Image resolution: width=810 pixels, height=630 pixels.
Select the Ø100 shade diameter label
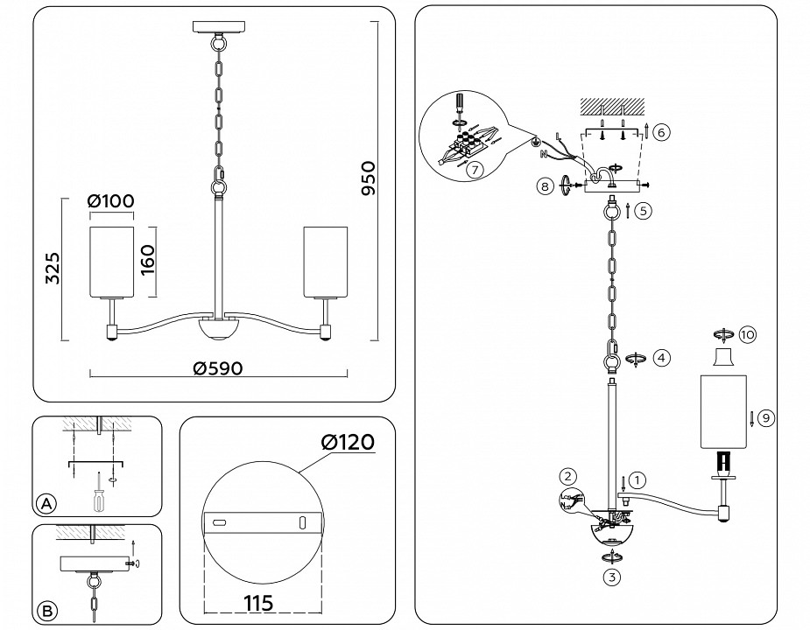point(111,200)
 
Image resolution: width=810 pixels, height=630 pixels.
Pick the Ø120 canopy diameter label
point(348,443)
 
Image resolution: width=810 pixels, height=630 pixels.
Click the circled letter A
point(46,503)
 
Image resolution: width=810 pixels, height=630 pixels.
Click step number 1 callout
point(638,479)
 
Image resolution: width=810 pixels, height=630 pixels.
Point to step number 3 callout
point(610,577)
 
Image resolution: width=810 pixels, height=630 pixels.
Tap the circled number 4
point(662,357)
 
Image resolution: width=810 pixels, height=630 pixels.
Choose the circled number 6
point(662,132)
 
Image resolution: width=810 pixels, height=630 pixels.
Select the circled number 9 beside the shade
point(765,417)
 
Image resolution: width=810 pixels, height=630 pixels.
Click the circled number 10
point(747,334)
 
